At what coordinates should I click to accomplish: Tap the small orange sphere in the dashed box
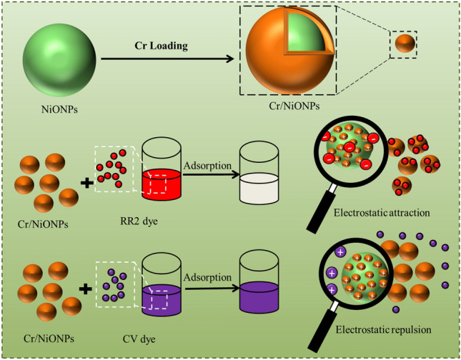click(405, 45)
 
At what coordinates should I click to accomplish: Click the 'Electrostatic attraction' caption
click(375, 211)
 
